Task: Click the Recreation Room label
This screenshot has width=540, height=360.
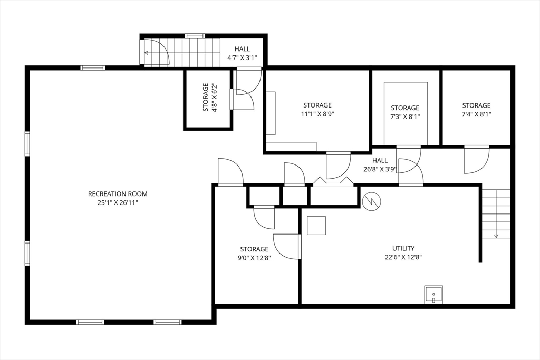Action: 118,194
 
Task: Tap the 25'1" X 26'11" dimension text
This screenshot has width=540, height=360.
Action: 118,203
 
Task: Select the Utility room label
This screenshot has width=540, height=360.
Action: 403,248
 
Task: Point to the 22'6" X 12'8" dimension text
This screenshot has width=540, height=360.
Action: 403,257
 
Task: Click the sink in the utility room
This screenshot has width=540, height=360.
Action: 433,295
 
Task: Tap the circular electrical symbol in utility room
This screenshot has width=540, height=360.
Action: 372,201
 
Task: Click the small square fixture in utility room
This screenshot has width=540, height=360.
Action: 316,226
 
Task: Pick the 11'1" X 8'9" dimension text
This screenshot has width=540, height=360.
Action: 317,114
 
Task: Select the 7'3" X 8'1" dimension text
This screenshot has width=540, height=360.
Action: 405,116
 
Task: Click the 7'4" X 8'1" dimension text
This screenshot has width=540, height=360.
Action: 476,114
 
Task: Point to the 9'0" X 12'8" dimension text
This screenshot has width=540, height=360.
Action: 254,258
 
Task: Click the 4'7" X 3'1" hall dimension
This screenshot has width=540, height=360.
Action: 242,58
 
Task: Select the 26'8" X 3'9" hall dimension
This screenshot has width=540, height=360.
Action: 380,169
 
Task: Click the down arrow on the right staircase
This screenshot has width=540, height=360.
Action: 496,235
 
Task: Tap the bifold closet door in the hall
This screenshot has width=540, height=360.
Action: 333,182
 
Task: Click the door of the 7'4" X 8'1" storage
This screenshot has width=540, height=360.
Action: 476,160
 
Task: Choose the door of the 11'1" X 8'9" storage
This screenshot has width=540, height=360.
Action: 338,166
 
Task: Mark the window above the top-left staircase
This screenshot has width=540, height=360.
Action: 195,35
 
